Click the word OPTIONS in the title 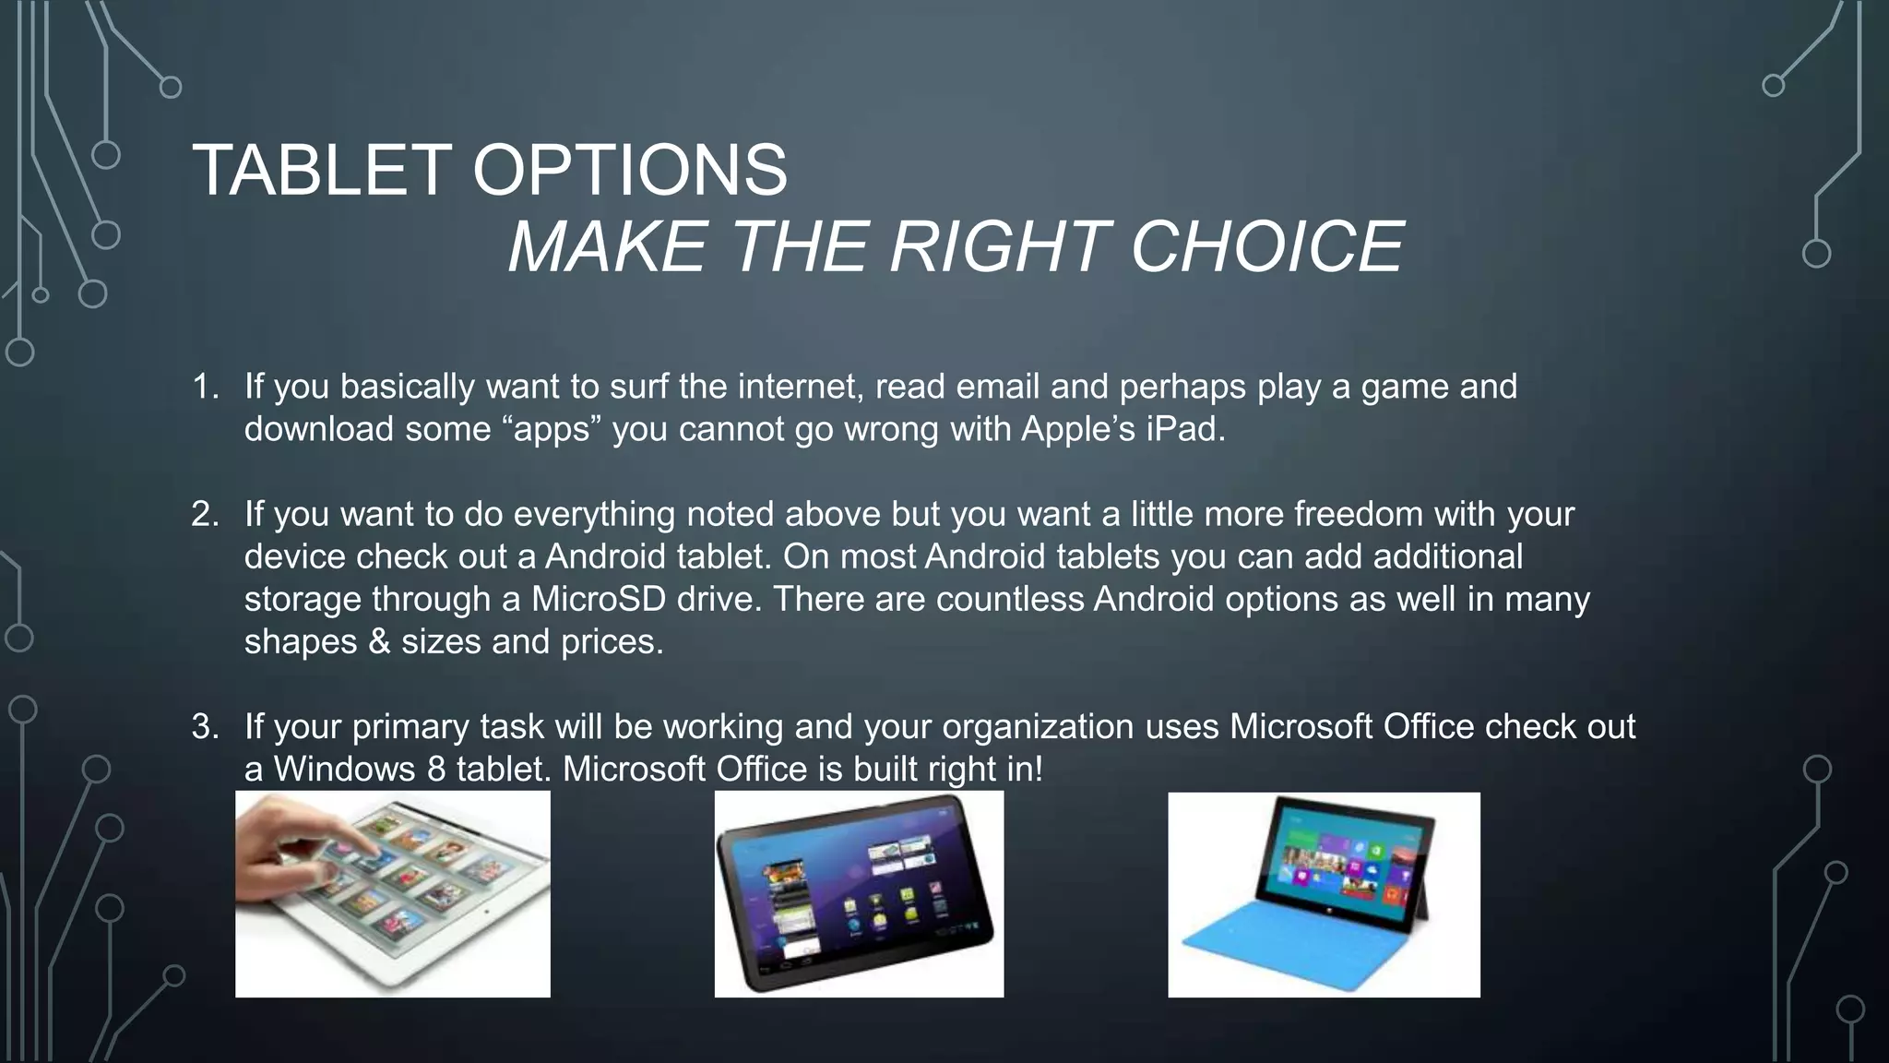(630, 171)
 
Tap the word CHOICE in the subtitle (1266, 247)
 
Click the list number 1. (204, 387)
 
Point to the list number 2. (204, 514)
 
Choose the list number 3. (204, 727)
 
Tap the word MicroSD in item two (598, 600)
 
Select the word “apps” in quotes (552, 430)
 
